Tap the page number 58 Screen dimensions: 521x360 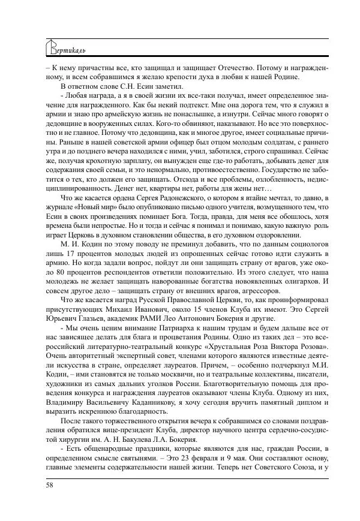tap(50, 484)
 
